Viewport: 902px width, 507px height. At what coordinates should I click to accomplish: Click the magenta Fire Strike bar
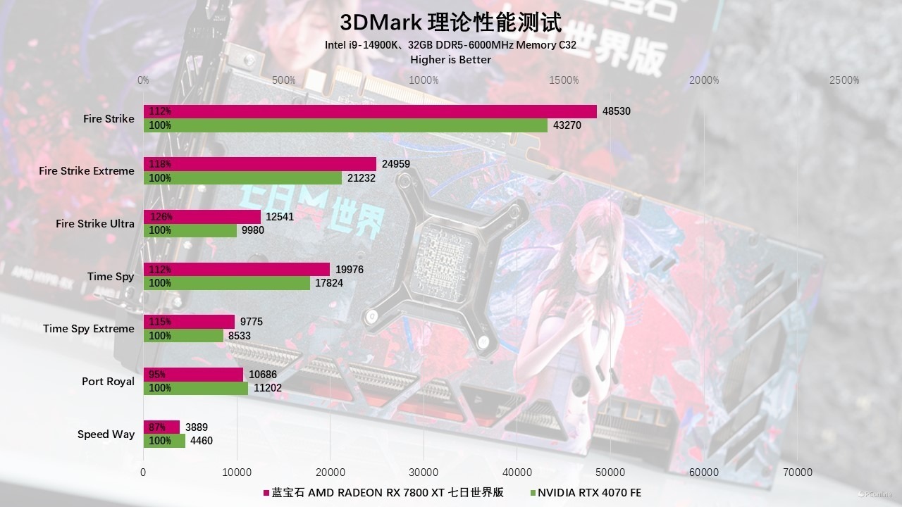click(370, 111)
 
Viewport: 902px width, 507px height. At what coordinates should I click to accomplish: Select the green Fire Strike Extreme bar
click(243, 178)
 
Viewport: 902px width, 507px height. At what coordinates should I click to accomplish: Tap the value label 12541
click(280, 217)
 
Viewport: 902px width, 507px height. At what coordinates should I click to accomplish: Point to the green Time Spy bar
click(227, 283)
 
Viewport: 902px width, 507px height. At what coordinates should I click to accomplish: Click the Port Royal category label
click(108, 382)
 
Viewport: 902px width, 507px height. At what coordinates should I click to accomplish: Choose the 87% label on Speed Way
click(157, 427)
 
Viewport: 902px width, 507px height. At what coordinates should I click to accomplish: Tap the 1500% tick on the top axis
click(564, 80)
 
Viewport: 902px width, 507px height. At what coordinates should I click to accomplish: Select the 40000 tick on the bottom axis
click(517, 472)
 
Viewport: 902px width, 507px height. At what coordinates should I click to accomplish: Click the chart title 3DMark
click(451, 23)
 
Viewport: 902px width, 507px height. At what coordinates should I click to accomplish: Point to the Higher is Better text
click(451, 60)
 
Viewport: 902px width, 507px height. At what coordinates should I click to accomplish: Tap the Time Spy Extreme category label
click(88, 329)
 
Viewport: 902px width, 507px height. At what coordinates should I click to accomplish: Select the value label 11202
click(268, 388)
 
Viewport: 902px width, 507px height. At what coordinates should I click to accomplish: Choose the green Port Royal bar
click(196, 388)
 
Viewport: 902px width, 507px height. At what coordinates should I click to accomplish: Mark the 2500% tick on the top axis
click(844, 80)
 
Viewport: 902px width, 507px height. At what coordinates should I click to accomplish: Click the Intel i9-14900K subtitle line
click(451, 45)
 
